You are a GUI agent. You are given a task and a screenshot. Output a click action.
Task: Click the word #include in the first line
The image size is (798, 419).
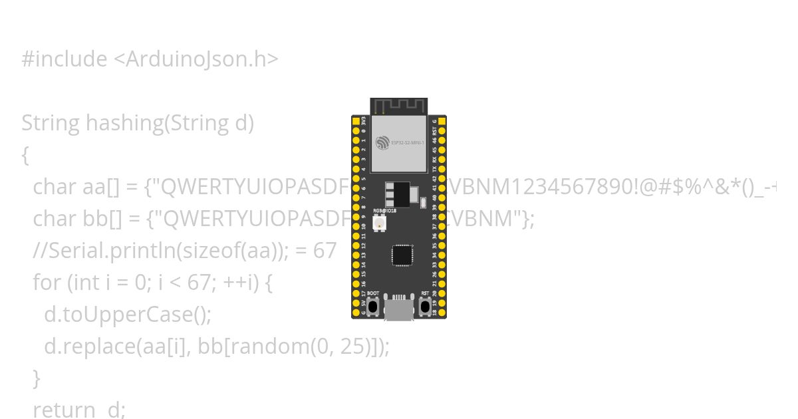pos(64,59)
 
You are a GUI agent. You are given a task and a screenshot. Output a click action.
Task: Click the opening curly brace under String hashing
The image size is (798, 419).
pos(25,156)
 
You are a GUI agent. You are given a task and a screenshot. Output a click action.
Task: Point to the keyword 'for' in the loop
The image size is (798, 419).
pos(47,283)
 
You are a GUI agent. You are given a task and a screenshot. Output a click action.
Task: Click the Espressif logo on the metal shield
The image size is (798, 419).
pos(382,142)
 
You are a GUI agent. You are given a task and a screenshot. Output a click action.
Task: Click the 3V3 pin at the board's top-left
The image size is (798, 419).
pos(356,121)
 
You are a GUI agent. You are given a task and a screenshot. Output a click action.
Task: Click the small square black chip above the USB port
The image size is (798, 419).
pos(402,255)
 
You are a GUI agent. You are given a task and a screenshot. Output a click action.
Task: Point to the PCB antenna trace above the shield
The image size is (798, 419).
pos(399,106)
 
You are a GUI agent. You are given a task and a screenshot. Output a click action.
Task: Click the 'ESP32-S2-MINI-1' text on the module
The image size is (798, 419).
pos(407,142)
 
